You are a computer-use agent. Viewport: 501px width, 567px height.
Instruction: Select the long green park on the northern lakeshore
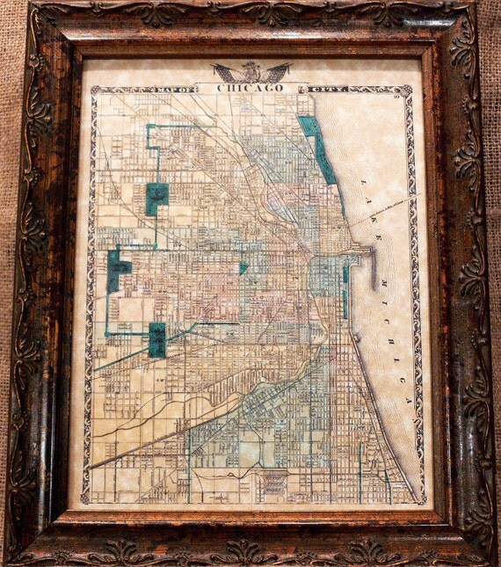[317, 149]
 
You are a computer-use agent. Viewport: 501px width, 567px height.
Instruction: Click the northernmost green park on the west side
[156, 198]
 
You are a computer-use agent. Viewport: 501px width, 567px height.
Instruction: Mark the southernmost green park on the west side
[157, 338]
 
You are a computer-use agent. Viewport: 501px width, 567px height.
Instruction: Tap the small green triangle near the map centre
[243, 267]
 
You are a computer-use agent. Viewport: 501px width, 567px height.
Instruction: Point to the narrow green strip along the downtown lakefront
[345, 291]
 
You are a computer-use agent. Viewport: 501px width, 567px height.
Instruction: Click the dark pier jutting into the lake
[373, 267]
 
